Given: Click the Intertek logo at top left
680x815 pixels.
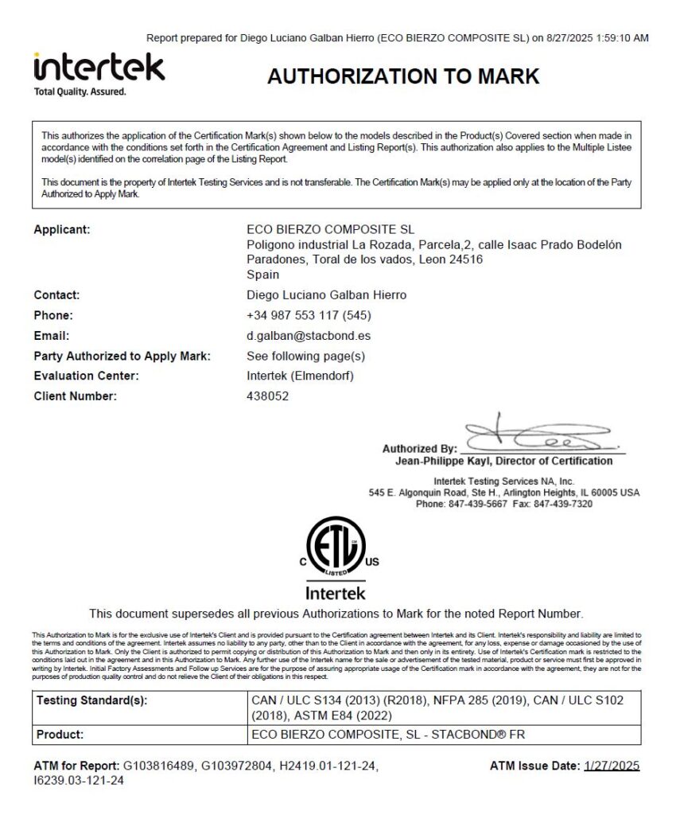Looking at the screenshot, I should click(x=99, y=67).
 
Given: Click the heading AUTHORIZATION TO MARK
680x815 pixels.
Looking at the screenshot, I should click(x=403, y=76).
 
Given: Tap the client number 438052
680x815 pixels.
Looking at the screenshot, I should click(x=268, y=396).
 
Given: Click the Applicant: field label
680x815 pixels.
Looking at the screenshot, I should click(x=62, y=230).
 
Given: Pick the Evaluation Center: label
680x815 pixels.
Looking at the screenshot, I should click(x=86, y=376).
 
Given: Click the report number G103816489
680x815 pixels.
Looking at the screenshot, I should click(x=161, y=766).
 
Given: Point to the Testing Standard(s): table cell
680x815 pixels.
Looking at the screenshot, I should click(x=91, y=700).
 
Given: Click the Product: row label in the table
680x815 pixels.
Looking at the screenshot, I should click(x=60, y=735).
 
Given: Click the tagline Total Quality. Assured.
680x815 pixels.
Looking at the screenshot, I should click(x=80, y=92).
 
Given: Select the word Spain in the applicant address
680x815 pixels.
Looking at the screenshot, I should click(x=263, y=275).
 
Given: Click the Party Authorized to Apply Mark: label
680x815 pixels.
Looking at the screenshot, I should click(x=122, y=356).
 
